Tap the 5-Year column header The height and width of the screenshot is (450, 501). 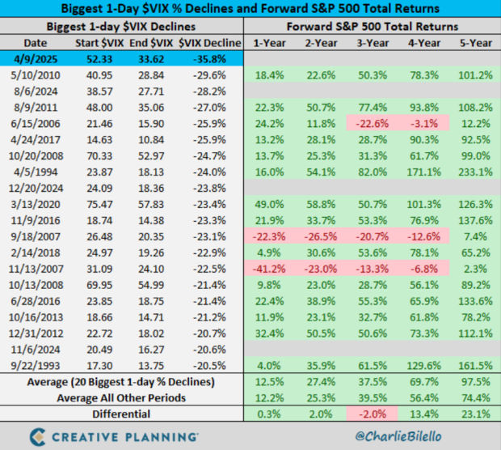coord(475,43)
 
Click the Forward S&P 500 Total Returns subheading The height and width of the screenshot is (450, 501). coord(373,27)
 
